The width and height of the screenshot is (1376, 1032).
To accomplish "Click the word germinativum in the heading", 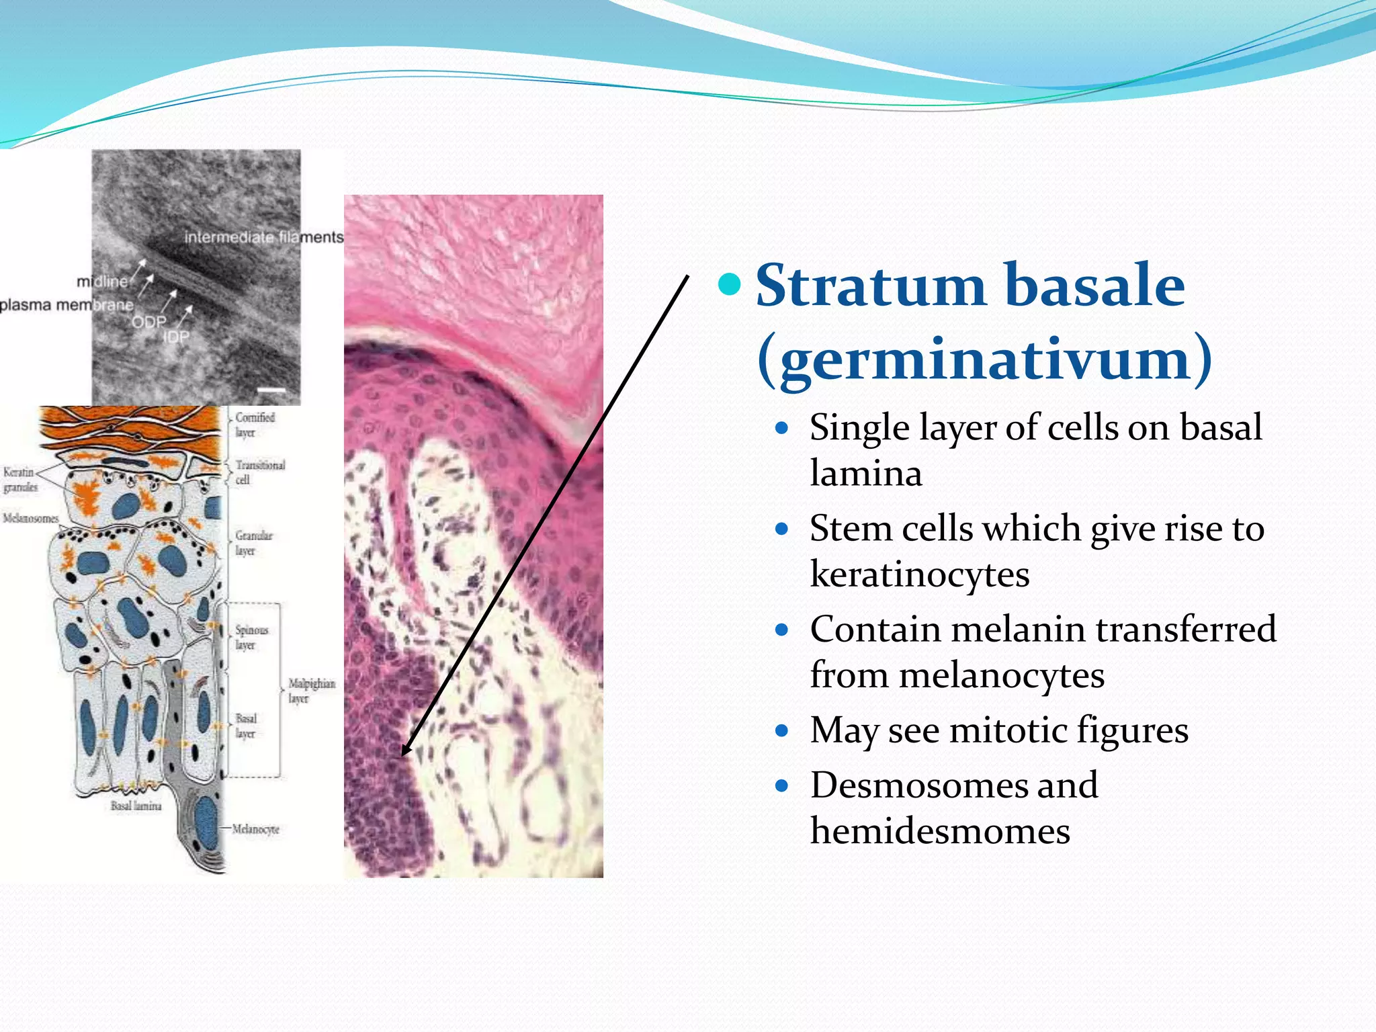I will click(x=985, y=359).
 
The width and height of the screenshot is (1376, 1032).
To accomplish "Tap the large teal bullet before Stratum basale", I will click(x=729, y=284).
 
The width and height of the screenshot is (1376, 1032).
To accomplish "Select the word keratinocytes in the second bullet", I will click(x=919, y=575).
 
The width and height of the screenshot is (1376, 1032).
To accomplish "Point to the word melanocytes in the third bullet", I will click(x=1001, y=676).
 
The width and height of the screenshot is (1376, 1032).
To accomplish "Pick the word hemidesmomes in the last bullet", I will click(x=939, y=832).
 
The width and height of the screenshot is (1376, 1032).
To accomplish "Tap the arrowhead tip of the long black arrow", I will click(x=403, y=754).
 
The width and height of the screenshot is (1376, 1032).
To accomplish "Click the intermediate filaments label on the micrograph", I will click(x=263, y=237).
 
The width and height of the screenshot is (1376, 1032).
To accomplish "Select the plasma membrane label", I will click(x=66, y=305).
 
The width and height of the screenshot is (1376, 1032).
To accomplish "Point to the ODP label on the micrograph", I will click(x=148, y=322).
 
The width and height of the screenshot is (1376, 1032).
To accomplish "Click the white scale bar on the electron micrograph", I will click(x=271, y=390).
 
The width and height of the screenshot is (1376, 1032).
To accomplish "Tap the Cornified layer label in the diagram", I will click(x=254, y=425).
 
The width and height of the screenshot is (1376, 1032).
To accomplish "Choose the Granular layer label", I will click(x=253, y=543).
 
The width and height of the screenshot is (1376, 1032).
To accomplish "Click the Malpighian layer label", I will click(x=311, y=691).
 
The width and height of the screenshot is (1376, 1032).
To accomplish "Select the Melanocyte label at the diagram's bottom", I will click(x=255, y=830).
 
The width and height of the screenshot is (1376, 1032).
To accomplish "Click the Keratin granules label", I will click(x=19, y=480).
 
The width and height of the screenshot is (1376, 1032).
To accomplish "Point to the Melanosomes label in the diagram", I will click(x=30, y=519).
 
